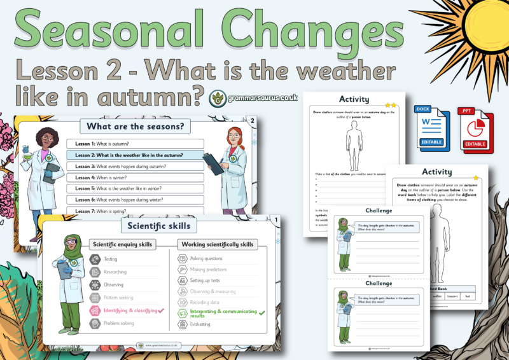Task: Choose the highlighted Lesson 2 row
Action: click(x=134, y=155)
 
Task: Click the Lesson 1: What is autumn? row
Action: click(x=134, y=144)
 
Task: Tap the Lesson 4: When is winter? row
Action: click(x=134, y=177)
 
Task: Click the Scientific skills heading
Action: click(x=158, y=225)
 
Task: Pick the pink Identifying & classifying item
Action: click(x=127, y=310)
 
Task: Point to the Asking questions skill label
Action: click(x=206, y=259)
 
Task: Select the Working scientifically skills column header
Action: click(x=218, y=244)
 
